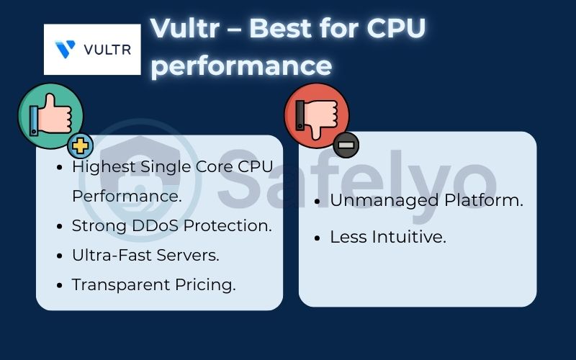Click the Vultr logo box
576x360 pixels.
[x=92, y=49]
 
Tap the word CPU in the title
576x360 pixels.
[x=395, y=28]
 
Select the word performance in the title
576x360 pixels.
[x=241, y=66]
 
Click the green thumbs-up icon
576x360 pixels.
[x=50, y=116]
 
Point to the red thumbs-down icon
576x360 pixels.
[x=317, y=116]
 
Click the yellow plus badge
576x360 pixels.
[x=81, y=146]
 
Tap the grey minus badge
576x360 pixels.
[x=346, y=145]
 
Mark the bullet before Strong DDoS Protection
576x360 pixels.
[x=61, y=226]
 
